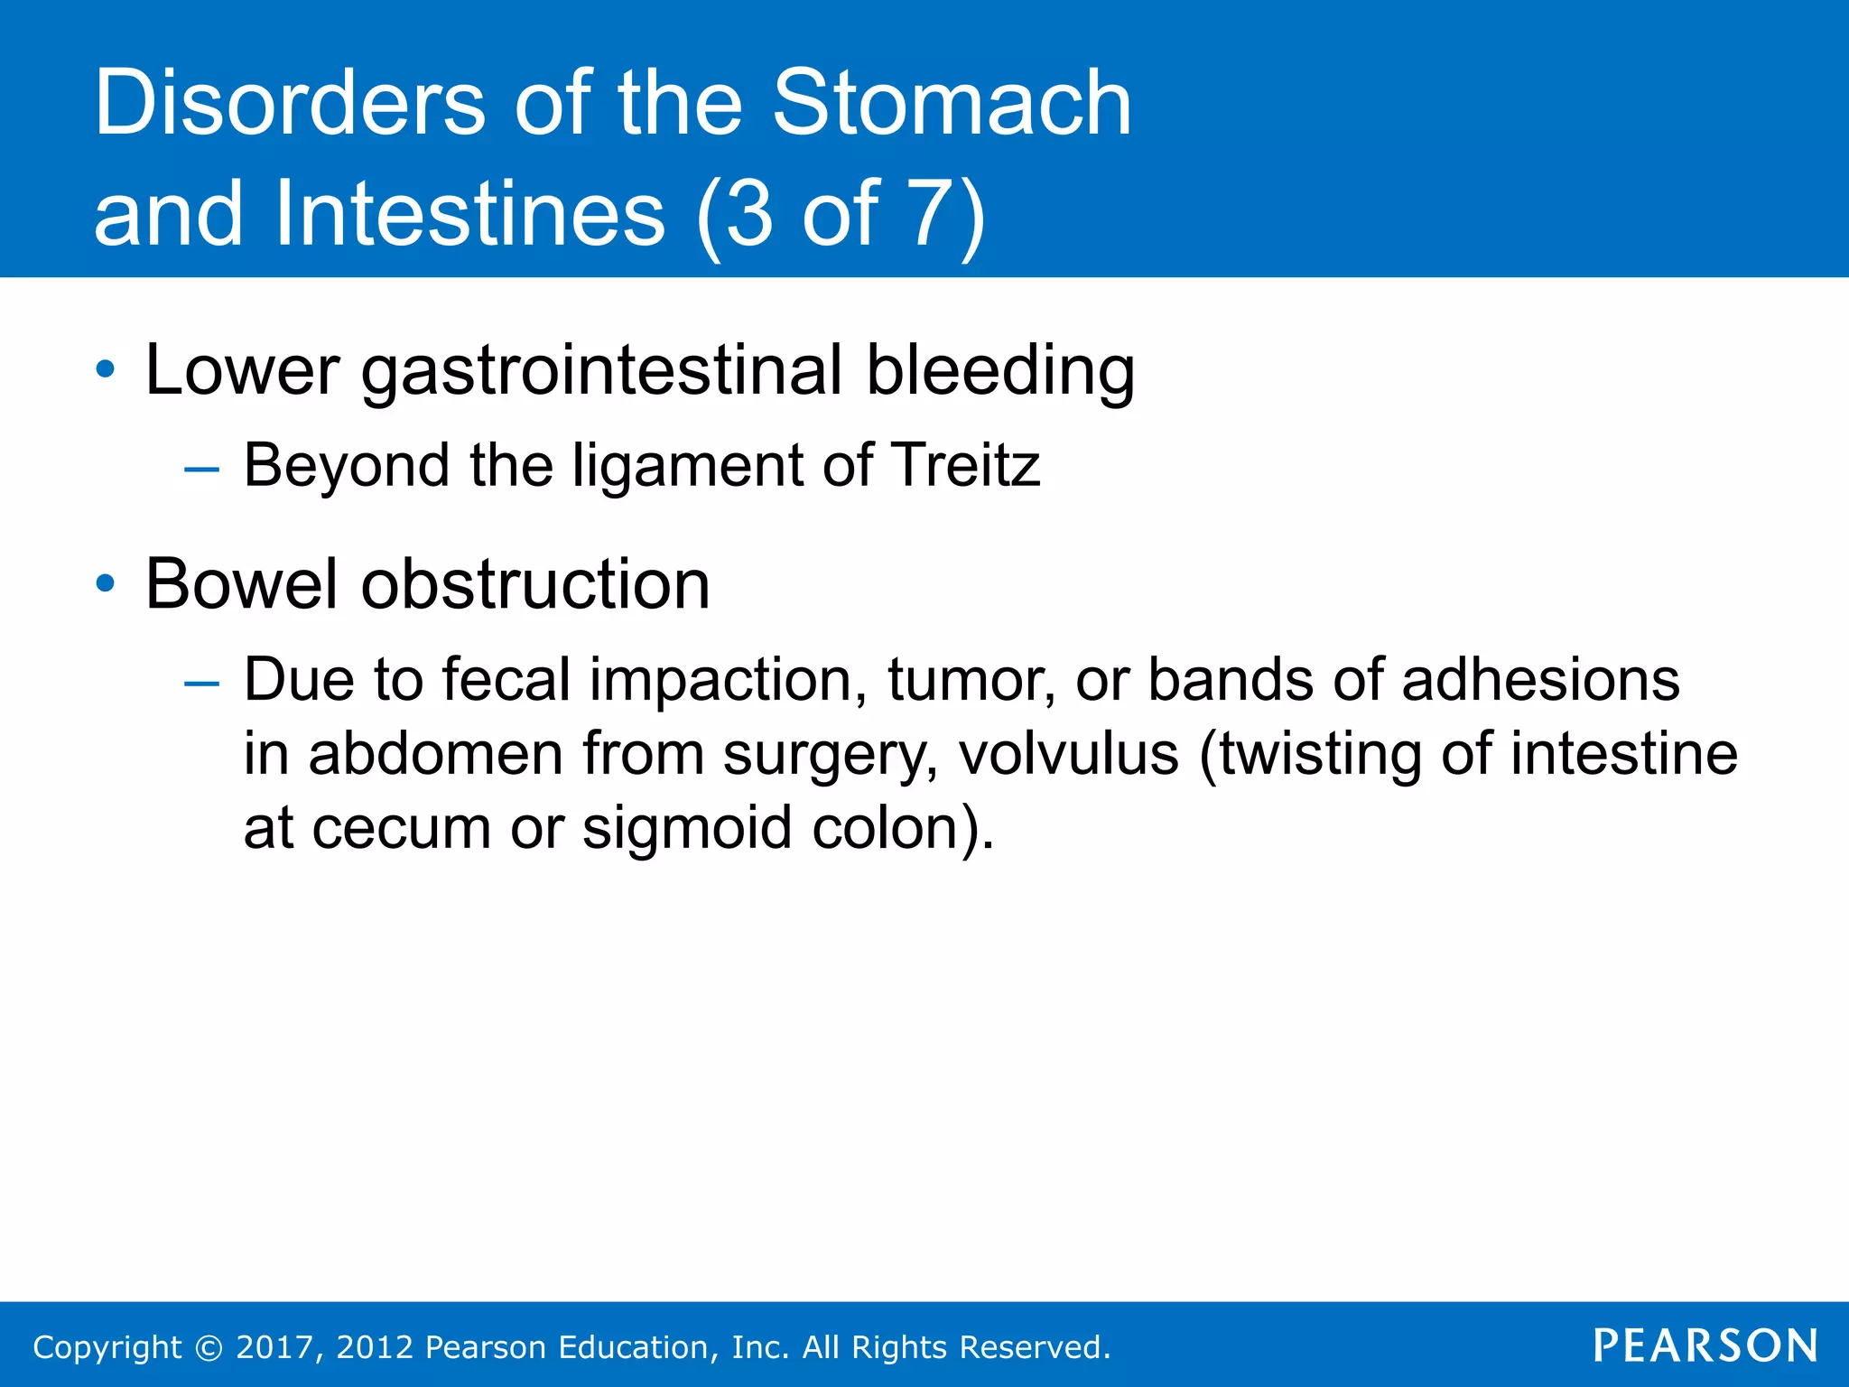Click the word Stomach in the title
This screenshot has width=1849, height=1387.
[x=952, y=104]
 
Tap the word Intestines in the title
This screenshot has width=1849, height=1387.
[x=469, y=214]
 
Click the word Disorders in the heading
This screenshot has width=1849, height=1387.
[x=290, y=104]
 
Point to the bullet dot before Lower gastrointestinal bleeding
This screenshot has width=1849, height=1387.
[x=106, y=369]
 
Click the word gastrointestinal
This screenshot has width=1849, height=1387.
[x=601, y=372]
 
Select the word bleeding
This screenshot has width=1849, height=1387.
[x=999, y=372]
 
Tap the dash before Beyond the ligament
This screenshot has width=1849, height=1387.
[x=200, y=470]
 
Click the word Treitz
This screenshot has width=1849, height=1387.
[x=966, y=466]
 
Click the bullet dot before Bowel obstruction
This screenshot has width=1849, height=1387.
[x=106, y=584]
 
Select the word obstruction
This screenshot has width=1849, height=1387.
[x=535, y=584]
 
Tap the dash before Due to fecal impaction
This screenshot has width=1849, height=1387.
[x=200, y=684]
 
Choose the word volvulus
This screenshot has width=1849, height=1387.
[x=1068, y=754]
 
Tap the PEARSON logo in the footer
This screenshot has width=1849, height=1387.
[x=1705, y=1345]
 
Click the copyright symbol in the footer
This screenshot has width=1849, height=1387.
[x=209, y=1347]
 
